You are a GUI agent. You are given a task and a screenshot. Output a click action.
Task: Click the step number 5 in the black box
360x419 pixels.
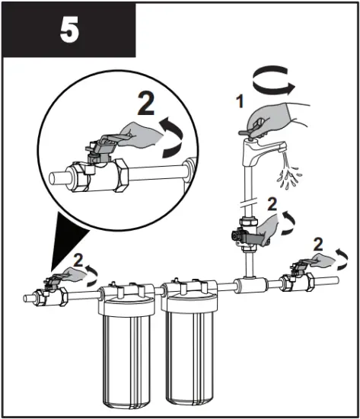point(68,30)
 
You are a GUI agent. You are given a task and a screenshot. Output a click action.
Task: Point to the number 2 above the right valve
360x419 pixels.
point(319,245)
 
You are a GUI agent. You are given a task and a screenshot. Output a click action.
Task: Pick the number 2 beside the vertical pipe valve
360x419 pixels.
point(272,204)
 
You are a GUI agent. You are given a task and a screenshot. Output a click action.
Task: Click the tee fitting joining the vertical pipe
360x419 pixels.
point(249,286)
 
